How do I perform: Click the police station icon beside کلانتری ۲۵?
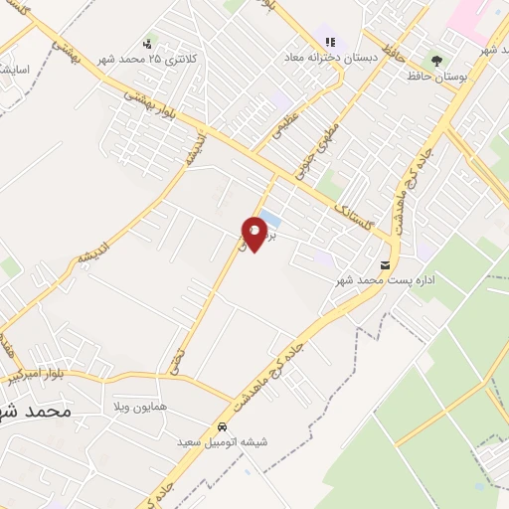pyautogui.click(x=147, y=44)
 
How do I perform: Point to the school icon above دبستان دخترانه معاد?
pyautogui.click(x=329, y=43)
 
